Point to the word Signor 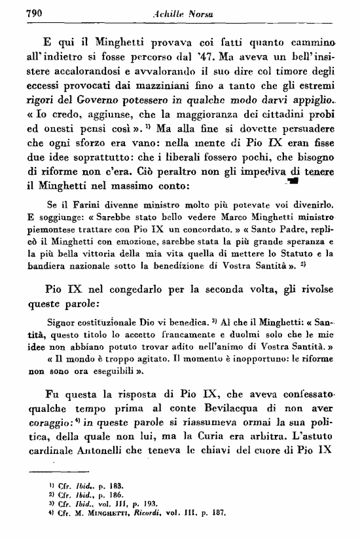point(63,324)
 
